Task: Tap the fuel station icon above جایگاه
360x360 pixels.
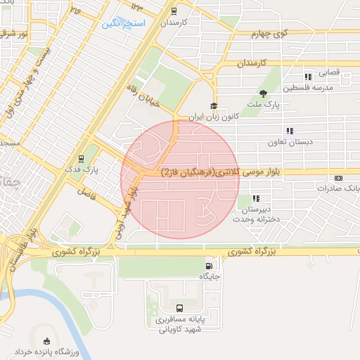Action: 209,266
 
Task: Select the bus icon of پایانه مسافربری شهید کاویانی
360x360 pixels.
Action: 180,307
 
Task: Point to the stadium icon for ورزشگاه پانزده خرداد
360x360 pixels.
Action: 47,340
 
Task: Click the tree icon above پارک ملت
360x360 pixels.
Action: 264,93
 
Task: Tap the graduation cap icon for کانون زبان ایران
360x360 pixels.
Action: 214,105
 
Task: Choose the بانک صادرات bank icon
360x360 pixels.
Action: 340,179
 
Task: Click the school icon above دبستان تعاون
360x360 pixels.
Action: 289,131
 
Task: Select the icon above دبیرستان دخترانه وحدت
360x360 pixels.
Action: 256,199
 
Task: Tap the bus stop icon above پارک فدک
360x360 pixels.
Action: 82,158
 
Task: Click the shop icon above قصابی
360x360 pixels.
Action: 307,77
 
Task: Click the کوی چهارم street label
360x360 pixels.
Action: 271,34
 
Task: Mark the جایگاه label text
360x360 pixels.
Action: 210,277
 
